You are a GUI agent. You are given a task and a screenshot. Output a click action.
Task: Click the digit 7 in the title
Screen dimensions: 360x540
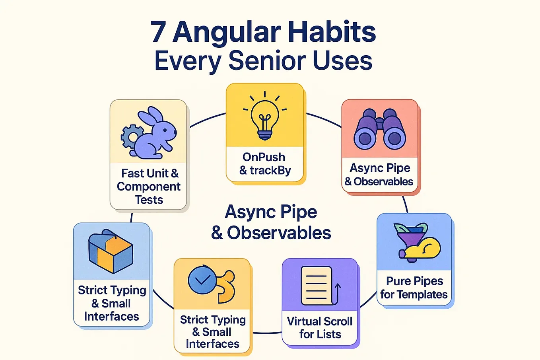click(x=158, y=32)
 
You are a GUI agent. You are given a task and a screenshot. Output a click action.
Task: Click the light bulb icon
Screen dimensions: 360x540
click(x=264, y=117)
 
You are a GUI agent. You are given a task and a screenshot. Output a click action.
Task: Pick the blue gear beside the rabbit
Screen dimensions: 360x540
click(x=131, y=136)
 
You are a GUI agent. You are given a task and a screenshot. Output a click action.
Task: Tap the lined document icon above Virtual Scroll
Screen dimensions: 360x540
click(x=317, y=286)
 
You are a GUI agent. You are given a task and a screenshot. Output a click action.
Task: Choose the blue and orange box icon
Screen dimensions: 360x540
click(x=111, y=251)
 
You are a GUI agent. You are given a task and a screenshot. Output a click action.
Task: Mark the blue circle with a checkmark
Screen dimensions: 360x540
click(x=202, y=280)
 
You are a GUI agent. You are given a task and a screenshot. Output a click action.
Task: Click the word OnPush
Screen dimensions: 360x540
click(x=264, y=157)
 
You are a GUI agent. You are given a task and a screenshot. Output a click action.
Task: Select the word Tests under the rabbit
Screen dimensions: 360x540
click(x=149, y=200)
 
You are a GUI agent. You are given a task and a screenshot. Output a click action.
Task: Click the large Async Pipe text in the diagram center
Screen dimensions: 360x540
click(x=271, y=212)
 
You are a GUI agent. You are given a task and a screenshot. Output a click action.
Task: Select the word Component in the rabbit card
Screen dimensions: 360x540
click(x=149, y=187)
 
